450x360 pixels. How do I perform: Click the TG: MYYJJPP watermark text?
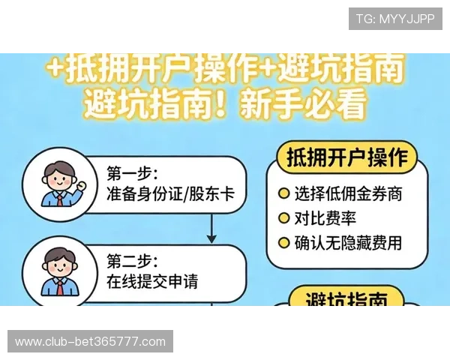(x=395, y=19)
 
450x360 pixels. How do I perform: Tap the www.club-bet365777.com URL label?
(x=90, y=342)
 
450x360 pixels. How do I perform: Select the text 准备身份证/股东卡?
(x=170, y=196)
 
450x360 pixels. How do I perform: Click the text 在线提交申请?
(x=157, y=283)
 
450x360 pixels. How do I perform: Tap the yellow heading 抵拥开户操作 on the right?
(x=347, y=159)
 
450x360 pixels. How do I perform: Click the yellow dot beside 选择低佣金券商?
(x=284, y=193)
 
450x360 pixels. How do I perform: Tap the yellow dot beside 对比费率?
(x=284, y=218)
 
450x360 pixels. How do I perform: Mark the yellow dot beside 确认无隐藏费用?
(x=284, y=242)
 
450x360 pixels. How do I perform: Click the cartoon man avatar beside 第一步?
(x=58, y=184)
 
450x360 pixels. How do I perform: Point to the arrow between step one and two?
(x=211, y=229)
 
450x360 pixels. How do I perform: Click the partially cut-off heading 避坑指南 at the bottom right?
(x=347, y=300)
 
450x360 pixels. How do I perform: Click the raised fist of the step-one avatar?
(x=80, y=184)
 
